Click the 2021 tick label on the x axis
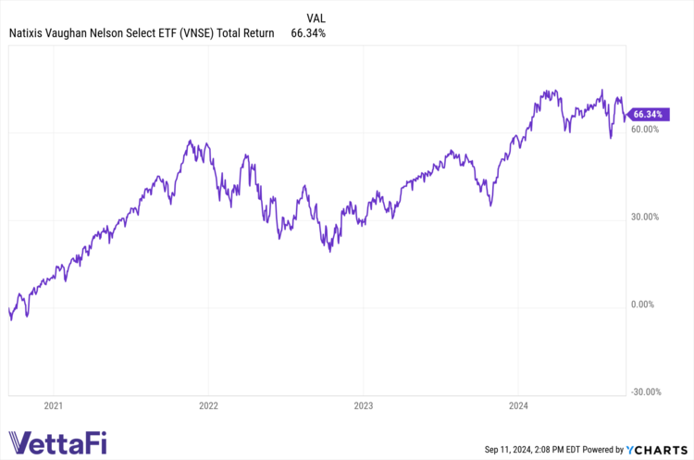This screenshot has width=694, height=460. point(54,404)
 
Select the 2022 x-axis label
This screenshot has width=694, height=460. point(208,404)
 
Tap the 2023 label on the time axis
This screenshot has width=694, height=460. point(363,404)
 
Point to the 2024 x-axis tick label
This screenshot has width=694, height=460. point(517,404)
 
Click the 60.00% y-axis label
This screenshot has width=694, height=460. point(644,129)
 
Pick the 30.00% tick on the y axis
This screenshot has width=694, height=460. point(644,217)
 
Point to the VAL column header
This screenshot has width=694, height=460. point(315,17)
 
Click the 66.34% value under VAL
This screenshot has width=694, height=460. point(308,33)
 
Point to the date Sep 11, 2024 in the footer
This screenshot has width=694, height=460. point(512,449)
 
